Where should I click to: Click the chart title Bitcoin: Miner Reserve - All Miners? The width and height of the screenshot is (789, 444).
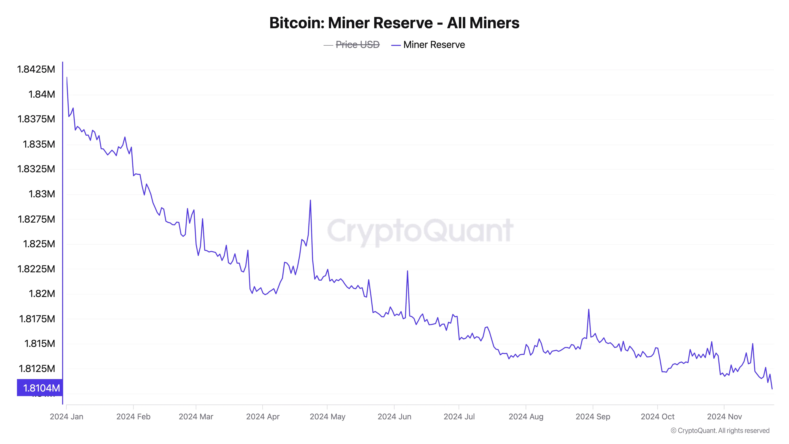394,23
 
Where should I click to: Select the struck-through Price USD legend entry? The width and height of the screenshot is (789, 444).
357,45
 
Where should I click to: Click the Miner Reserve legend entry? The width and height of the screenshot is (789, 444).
434,45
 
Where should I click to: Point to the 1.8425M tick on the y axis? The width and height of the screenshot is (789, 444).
36,69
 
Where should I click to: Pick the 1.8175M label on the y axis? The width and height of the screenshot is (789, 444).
37,319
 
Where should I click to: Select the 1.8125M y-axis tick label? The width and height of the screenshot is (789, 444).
37,368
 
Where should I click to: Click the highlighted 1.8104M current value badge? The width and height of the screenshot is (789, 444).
40,388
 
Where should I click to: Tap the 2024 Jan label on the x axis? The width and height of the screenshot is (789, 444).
66,416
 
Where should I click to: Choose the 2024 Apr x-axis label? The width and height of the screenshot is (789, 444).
263,416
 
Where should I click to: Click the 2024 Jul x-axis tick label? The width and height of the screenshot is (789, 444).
459,416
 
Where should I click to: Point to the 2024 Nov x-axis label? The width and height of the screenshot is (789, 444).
724,416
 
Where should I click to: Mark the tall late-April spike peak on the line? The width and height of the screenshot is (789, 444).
310,200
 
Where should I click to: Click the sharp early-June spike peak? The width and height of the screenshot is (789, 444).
407,271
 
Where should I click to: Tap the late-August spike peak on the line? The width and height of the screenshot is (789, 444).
589,309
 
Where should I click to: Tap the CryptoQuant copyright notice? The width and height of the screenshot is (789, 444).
720,431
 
